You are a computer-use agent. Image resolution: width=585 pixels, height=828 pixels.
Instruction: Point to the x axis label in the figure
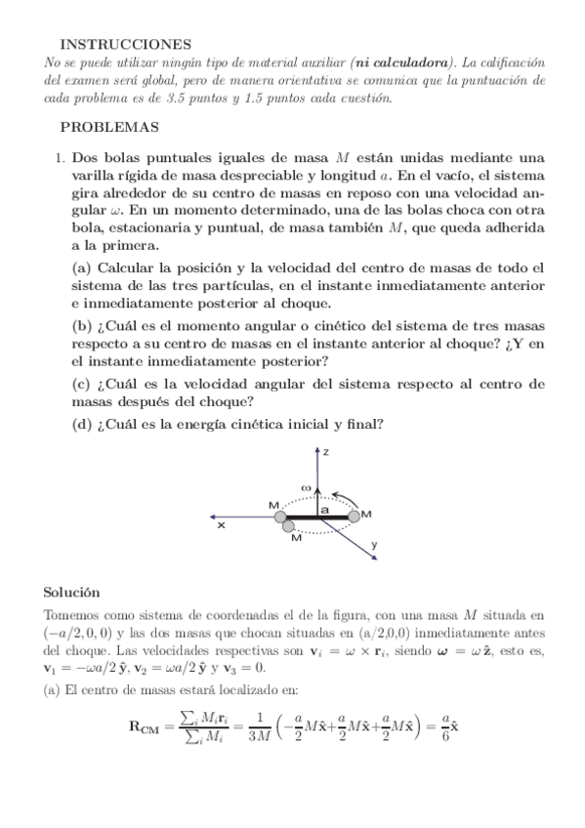pos(222,525)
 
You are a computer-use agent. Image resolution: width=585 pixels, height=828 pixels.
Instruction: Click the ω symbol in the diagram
pos(305,485)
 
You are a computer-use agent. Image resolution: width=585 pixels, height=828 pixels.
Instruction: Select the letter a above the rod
pos(324,508)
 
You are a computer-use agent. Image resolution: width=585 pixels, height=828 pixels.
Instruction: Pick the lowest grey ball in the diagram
pos(289,528)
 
